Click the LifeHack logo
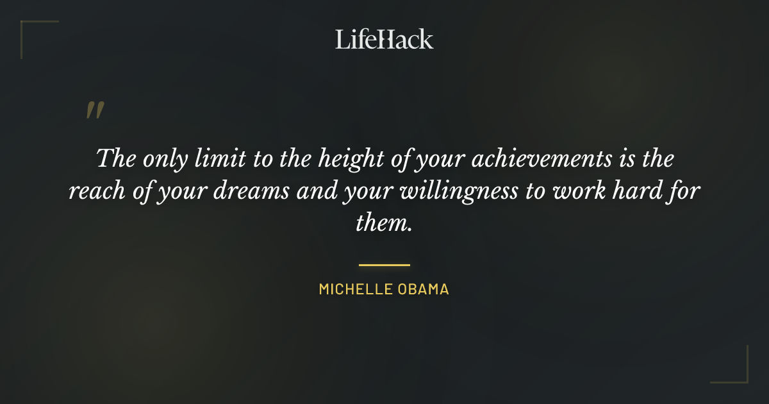[x=384, y=39]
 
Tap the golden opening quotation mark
[x=94, y=111]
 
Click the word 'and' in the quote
[x=310, y=191]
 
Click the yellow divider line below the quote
[x=384, y=264]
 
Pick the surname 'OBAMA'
[x=422, y=289]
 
